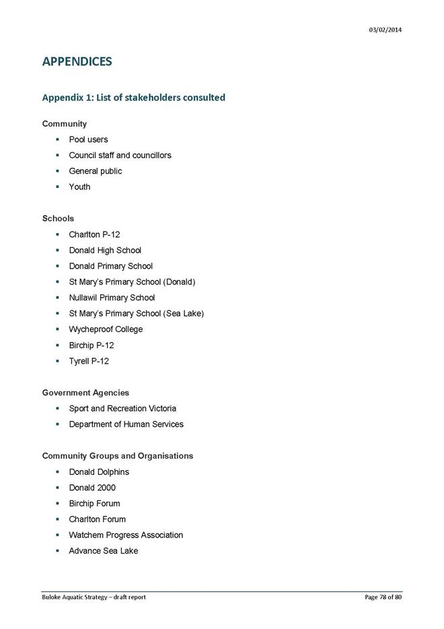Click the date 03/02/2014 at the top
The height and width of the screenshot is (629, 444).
coord(385,30)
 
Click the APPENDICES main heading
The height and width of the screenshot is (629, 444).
coord(77,62)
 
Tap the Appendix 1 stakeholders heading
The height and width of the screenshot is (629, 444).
coord(133,98)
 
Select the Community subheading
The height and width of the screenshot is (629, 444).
coord(65,124)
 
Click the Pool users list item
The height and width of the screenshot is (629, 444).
coord(88,139)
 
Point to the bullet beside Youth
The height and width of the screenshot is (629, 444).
coord(59,187)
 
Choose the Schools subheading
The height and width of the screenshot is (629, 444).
coord(58,218)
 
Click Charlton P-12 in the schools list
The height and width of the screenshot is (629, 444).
coord(94,234)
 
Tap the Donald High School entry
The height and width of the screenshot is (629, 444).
coord(105,250)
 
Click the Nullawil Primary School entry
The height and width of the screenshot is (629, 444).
coord(112,298)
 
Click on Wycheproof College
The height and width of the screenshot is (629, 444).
coord(106,329)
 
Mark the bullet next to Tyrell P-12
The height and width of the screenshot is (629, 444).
coord(59,361)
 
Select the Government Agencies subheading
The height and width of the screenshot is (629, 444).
coord(85,393)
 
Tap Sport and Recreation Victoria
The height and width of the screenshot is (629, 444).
coord(122,408)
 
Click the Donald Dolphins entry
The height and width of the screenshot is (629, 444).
coord(99,471)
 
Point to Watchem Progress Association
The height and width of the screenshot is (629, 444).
coord(126,535)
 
